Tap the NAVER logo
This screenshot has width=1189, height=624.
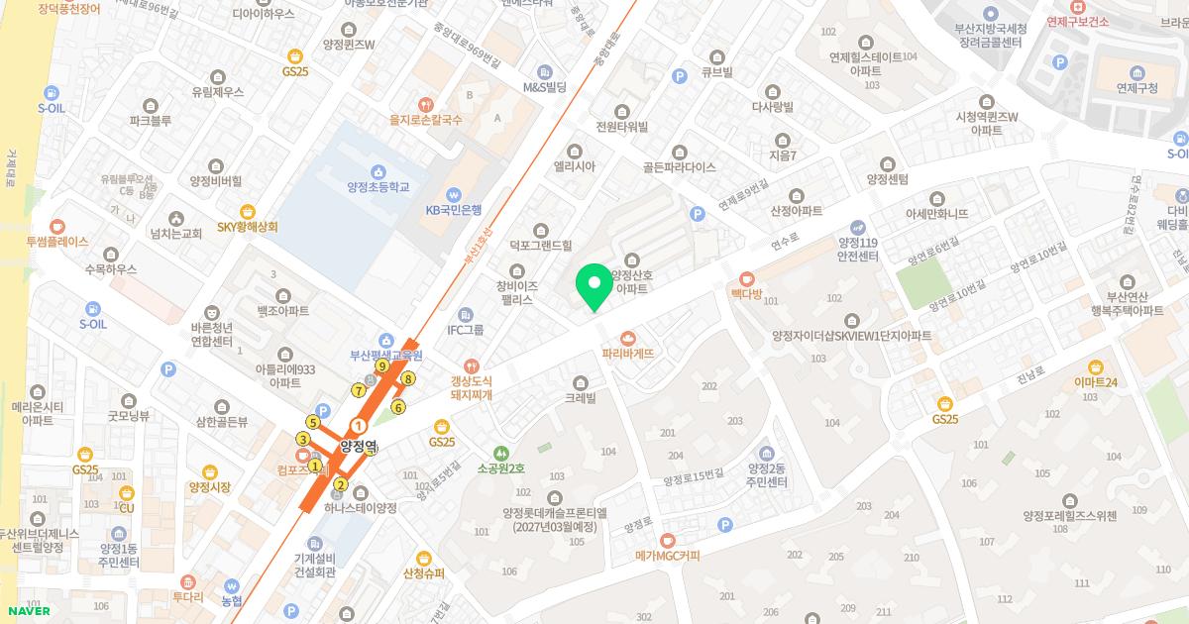coord(29,610)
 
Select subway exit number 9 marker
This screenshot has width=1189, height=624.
coord(381,365)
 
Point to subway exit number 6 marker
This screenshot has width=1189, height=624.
coord(398,407)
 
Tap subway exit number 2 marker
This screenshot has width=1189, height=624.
coord(341,484)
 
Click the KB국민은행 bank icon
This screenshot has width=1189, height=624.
coord(453,193)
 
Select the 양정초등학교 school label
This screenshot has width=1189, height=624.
coord(378,187)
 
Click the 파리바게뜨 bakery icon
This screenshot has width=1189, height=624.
coord(627,338)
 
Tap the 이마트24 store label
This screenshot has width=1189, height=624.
coord(1095,382)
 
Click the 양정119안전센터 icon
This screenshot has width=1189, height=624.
coord(858,226)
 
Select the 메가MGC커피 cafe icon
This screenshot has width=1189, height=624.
coord(668,540)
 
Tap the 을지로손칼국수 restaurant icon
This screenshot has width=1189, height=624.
coord(426,103)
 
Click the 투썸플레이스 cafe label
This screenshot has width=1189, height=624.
coord(57,241)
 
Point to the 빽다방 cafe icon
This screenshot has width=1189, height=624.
coord(746,278)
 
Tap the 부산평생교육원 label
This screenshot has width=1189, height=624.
coord(385,356)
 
